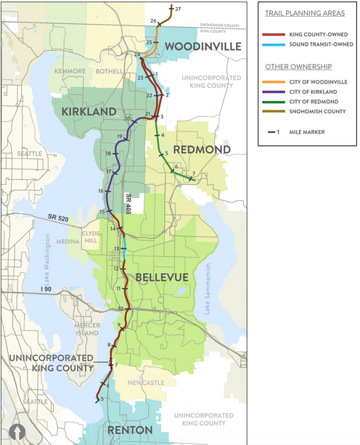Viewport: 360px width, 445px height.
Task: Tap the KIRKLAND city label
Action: pos(89,110)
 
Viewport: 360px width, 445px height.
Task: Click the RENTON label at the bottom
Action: pos(130,430)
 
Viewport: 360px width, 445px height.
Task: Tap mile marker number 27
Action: pos(178,8)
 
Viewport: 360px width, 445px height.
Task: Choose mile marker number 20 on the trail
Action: pos(127,119)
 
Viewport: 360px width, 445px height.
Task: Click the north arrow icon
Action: pos(16,430)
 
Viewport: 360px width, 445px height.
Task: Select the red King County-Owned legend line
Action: pos(274,34)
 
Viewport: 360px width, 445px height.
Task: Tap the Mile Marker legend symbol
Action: pos(274,132)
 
